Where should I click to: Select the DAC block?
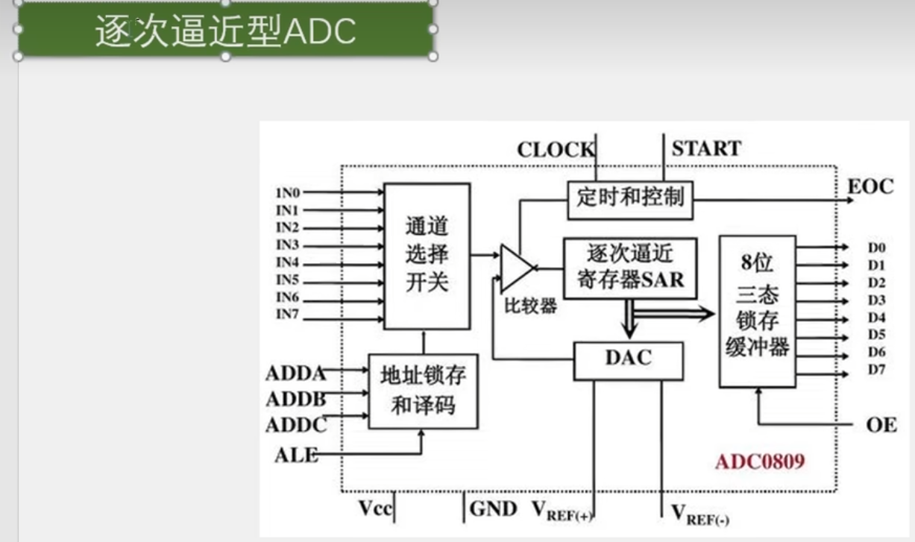pos(628,360)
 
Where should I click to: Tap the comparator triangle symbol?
pos(515,267)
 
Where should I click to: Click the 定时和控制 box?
pos(629,199)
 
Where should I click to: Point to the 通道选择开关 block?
pos(427,256)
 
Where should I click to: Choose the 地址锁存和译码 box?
pos(423,391)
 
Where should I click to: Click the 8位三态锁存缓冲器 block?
pos(757,311)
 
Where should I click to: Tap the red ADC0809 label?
pos(760,461)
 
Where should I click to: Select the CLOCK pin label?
pos(556,149)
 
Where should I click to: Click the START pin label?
pos(706,148)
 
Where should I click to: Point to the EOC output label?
pos(870,186)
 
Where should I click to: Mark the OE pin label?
pos(881,426)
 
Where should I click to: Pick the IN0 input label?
pos(288,193)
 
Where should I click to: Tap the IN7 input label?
pos(288,314)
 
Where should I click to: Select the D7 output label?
pos(876,370)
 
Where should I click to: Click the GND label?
pos(494,509)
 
